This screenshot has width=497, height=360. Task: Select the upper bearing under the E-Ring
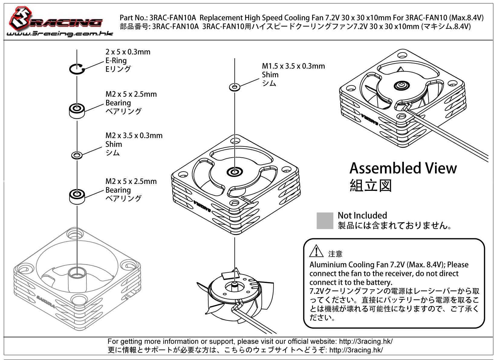tap(77, 111)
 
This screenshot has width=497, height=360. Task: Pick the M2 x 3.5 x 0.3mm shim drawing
tap(77, 155)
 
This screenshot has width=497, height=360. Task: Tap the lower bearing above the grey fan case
tap(77, 197)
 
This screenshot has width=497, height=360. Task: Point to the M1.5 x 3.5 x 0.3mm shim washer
tap(235, 87)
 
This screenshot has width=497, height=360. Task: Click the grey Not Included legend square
tap(325, 220)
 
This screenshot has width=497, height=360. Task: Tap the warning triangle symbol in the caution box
tap(316, 251)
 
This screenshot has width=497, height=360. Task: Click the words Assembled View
tap(403, 168)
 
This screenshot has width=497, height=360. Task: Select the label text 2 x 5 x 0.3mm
tap(128, 52)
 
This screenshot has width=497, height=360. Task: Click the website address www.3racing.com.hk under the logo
tap(60, 34)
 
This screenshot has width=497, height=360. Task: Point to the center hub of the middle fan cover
tap(235, 172)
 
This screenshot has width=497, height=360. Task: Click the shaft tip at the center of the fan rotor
tap(235, 284)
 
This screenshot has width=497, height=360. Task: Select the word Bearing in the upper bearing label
tap(118, 103)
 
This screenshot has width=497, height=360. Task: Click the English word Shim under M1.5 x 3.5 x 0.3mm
tap(270, 75)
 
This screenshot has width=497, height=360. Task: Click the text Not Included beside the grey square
tap(362, 215)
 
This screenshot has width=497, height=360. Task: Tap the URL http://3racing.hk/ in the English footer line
tap(366, 341)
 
